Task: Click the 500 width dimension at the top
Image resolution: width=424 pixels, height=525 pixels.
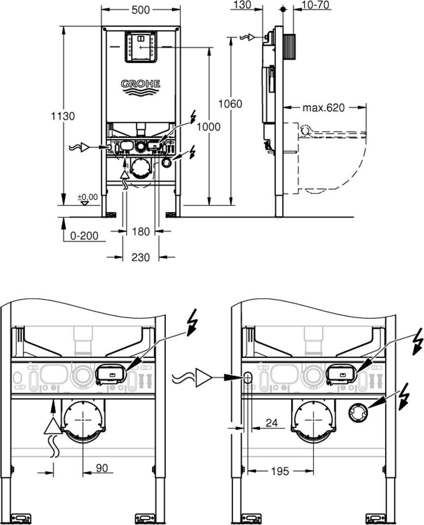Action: (x=140, y=10)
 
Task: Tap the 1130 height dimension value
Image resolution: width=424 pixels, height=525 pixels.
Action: (x=63, y=116)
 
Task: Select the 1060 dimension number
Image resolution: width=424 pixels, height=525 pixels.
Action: (x=230, y=104)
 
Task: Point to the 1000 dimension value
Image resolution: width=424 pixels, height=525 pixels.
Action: (x=208, y=127)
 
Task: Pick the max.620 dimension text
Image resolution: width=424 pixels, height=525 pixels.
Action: (x=324, y=108)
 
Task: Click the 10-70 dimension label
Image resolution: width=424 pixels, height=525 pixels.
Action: (x=315, y=5)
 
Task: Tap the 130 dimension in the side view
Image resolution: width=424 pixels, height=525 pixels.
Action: (x=242, y=5)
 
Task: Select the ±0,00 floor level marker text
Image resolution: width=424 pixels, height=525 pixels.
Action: (x=88, y=197)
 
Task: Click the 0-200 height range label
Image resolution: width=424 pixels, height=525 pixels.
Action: (x=85, y=236)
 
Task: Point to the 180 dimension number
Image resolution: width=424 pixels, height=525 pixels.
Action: (x=140, y=231)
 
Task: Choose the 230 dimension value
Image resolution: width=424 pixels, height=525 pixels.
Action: (x=140, y=257)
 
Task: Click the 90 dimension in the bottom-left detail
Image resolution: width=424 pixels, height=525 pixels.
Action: (x=102, y=468)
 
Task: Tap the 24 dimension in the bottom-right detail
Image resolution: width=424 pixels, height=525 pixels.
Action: (x=272, y=422)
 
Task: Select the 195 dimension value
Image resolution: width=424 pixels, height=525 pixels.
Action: (x=279, y=471)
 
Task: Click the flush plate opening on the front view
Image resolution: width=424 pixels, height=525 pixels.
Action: (x=140, y=47)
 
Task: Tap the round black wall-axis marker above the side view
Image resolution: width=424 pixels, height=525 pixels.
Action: (x=283, y=10)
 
